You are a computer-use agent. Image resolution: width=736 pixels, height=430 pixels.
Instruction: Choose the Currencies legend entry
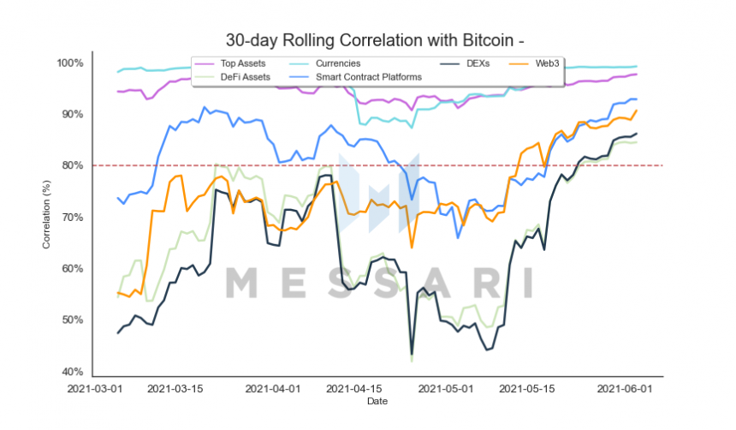point(337,63)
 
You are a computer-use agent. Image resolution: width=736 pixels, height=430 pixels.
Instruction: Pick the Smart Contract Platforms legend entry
point(368,77)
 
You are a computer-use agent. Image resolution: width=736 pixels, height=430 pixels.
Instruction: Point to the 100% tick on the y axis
point(70,63)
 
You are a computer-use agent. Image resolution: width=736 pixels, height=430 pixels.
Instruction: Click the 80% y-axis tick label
point(72,165)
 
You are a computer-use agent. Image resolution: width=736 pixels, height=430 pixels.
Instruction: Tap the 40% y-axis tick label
point(72,372)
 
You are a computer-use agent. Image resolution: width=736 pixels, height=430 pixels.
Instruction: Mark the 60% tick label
point(72,269)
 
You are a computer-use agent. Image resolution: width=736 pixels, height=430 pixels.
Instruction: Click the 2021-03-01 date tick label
point(96,388)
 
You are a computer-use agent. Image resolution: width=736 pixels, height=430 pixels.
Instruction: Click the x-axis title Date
point(376,401)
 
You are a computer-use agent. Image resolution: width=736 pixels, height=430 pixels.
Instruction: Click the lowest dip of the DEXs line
point(412,355)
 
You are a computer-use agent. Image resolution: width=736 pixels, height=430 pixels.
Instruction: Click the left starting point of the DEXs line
point(118,332)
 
